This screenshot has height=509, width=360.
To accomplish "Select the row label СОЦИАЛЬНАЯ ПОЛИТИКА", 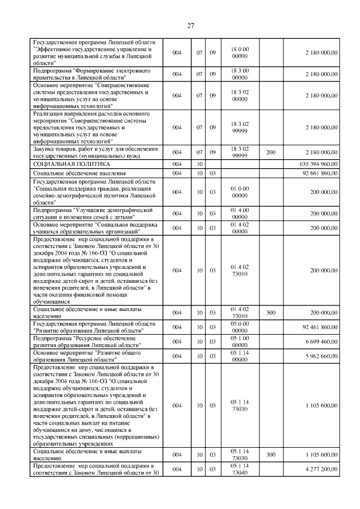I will [68, 164].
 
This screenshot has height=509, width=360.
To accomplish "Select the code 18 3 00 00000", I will [240, 74].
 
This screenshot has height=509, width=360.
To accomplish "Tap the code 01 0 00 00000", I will [240, 192].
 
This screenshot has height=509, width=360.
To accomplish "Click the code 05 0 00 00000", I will [240, 327].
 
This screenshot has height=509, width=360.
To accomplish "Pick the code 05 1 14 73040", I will [240, 469].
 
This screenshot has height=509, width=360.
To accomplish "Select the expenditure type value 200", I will [271, 152].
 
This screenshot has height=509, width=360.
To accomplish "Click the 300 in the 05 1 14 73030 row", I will [271, 454].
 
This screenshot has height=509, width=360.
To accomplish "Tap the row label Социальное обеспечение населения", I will [79, 173].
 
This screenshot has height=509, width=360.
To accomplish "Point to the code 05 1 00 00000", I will [240, 341].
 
